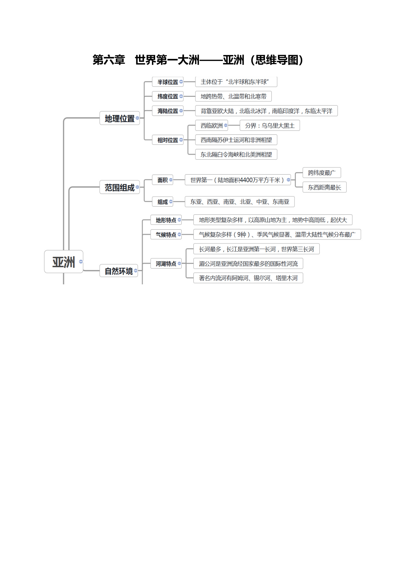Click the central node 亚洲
pos(63,262)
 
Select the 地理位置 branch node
pos(120,118)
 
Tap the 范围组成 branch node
pos(120,187)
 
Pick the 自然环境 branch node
pos(119,271)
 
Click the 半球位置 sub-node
pos(168,82)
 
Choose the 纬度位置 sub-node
pos(168,96)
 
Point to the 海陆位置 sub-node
pos(168,111)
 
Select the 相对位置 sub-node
pos(168,140)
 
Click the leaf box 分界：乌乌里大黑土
pos(270,125)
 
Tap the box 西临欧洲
pos(212,125)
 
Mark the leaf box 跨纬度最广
pos(322,173)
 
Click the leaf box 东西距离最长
pos(325,187)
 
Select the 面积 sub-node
pos(163,180)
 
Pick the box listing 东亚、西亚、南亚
pos(240,202)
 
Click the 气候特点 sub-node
pos(166,234)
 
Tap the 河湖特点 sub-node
pos(166,264)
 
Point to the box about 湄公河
pos(248,264)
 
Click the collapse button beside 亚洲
pos(81,261)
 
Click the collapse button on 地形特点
pos(179,220)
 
